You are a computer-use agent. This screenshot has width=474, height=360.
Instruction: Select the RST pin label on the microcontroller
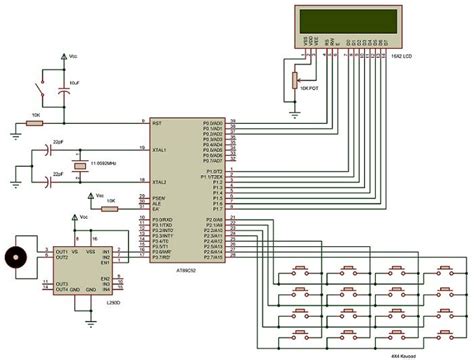156,125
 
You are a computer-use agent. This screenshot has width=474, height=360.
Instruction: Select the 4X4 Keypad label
433,342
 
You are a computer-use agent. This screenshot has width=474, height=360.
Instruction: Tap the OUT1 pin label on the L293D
62,250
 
